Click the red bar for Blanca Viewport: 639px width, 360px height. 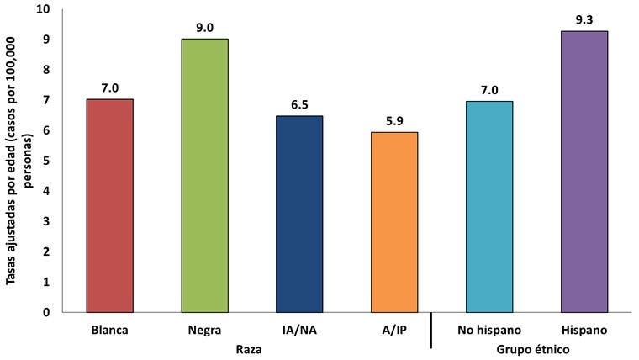110,205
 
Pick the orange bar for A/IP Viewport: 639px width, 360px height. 393,222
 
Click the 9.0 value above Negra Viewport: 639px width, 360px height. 204,27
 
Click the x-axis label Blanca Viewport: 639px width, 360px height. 110,330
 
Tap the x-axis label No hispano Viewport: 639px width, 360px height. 488,330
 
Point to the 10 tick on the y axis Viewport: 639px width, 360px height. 43,9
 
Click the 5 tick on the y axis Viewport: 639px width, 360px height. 46,161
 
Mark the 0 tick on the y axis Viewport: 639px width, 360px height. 46,313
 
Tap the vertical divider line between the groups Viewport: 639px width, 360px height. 431,331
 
